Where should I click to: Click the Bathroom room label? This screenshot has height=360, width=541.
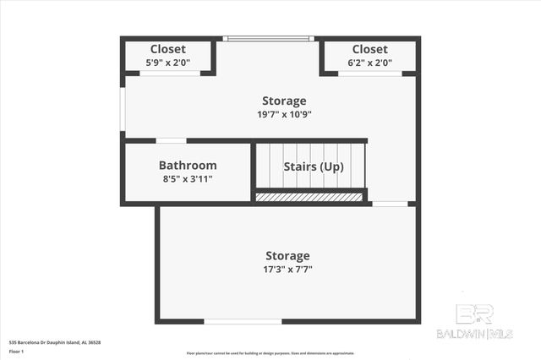tap(188, 166)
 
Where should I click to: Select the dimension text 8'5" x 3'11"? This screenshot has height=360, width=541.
tap(188, 179)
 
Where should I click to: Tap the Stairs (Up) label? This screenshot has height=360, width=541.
tap(313, 166)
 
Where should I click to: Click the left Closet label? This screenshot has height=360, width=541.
tap(168, 49)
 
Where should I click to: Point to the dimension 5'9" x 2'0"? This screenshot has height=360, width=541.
tap(168, 62)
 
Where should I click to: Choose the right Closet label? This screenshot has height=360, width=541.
tap(369, 49)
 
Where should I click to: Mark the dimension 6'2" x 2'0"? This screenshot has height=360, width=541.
tap(369, 62)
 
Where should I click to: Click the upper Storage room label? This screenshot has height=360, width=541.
tap(283, 101)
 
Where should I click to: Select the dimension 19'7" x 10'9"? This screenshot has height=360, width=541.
tap(283, 114)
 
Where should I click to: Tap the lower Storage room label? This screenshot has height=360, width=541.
tap(287, 255)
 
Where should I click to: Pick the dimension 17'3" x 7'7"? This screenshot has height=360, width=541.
tap(287, 269)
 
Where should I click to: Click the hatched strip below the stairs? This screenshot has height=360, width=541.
tap(309, 197)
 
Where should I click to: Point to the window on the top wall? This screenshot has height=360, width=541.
tap(268, 38)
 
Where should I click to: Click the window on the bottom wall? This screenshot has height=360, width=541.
tap(243, 321)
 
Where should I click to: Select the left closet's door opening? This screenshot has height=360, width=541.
tap(170, 74)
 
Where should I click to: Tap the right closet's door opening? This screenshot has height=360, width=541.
tap(369, 74)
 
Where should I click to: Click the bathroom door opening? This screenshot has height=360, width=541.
tap(171, 140)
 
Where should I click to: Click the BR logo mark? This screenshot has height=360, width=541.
tap(474, 314)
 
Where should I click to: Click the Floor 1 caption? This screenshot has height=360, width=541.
tap(16, 351)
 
